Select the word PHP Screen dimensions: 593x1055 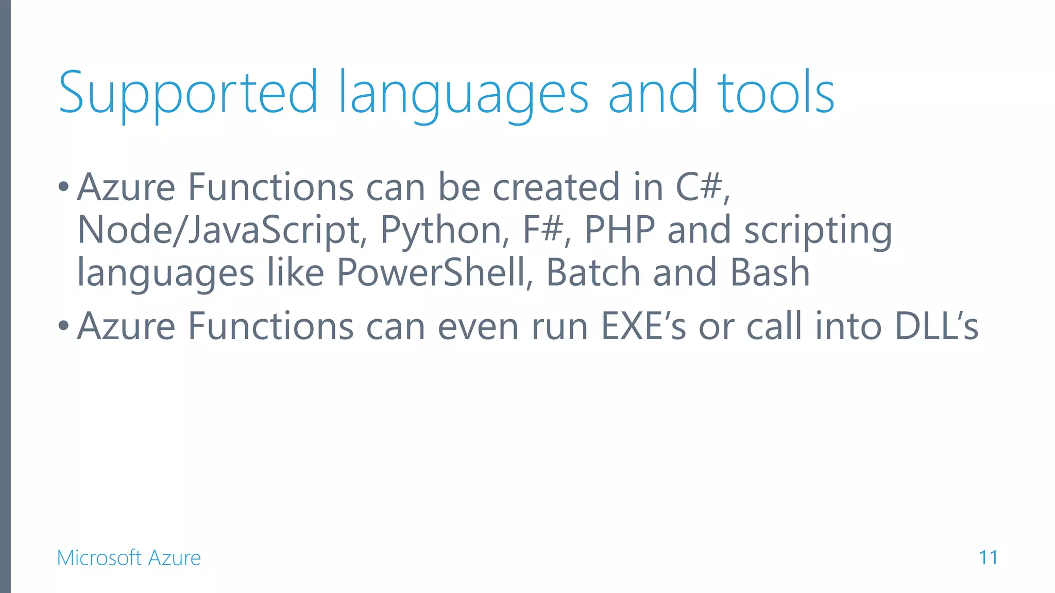point(620,230)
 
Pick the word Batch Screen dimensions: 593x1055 point(593,272)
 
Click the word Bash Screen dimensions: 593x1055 point(770,272)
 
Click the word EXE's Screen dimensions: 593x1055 point(643,326)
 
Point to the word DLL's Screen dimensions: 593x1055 point(937,326)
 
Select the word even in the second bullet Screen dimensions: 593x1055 point(478,326)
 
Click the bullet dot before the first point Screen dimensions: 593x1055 point(63,186)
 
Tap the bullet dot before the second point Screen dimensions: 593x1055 point(63,326)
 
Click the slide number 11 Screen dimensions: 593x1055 point(988,557)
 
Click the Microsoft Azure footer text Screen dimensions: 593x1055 point(129,558)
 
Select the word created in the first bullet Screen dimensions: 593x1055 point(556,187)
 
